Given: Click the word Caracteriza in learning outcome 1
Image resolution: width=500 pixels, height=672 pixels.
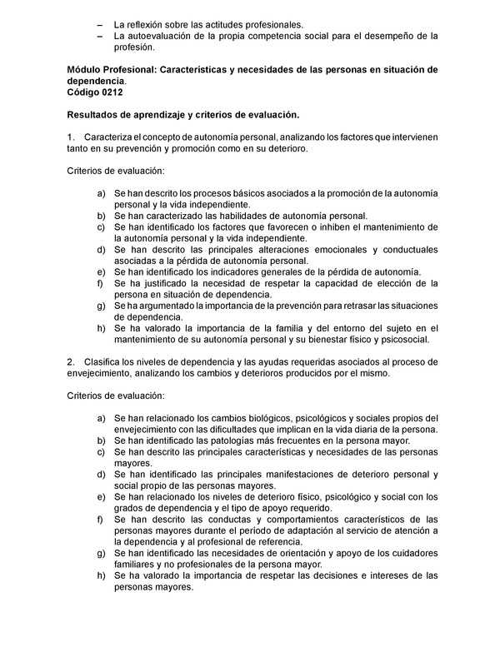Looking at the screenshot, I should tap(112, 136).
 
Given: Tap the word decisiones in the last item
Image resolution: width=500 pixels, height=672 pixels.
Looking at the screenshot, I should tap(332, 575).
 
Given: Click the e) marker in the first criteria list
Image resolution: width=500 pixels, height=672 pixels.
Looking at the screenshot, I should tap(100, 271).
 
